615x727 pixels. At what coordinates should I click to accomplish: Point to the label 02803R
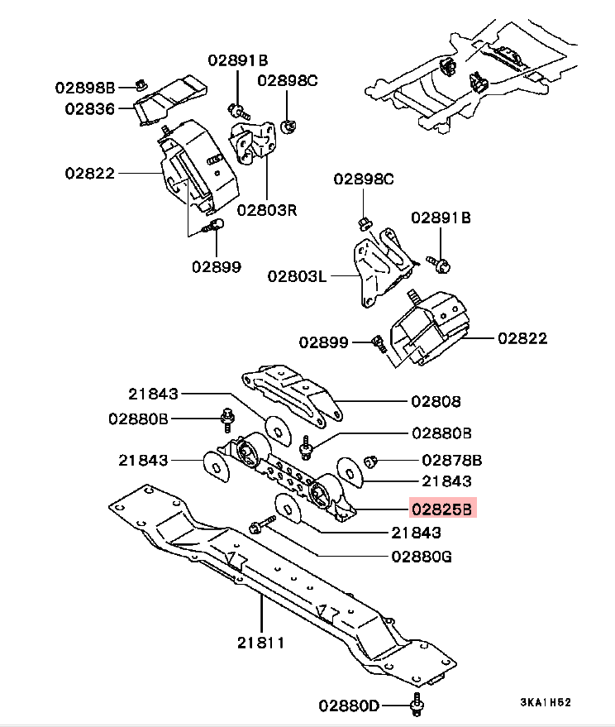(266, 209)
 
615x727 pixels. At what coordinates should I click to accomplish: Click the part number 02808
(436, 402)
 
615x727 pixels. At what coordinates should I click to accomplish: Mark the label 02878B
(451, 460)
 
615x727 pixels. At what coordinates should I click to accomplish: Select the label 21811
(261, 641)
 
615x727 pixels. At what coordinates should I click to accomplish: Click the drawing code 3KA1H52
(545, 703)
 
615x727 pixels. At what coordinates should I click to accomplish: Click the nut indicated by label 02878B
(371, 460)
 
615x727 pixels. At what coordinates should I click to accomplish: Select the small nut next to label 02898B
(141, 84)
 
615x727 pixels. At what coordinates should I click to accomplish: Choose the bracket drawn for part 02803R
(253, 141)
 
